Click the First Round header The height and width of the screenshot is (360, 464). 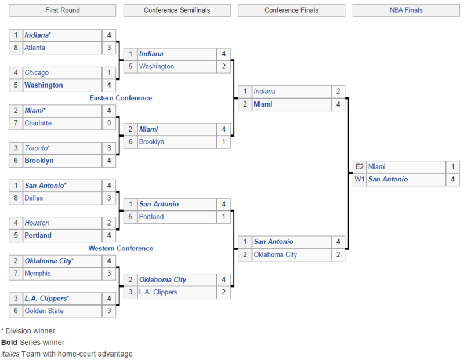[63, 10]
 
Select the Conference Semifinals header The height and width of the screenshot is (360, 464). [177, 10]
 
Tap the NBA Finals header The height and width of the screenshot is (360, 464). [406, 10]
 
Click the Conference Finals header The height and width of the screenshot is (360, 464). [291, 10]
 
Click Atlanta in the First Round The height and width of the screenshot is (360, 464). [35, 48]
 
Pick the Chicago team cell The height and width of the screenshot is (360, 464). [37, 72]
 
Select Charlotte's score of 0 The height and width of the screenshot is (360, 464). [108, 123]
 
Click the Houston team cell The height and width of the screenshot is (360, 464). [37, 223]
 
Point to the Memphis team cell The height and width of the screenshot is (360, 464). [37, 273]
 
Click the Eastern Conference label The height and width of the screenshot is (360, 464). [121, 98]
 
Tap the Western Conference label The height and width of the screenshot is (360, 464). [121, 248]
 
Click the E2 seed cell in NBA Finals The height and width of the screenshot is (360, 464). [360, 166]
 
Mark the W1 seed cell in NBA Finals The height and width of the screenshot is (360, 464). [360, 179]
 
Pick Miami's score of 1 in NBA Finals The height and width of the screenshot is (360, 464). [452, 166]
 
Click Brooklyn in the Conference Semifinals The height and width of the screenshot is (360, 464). [151, 141]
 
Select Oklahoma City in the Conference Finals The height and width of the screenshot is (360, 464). [275, 254]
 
